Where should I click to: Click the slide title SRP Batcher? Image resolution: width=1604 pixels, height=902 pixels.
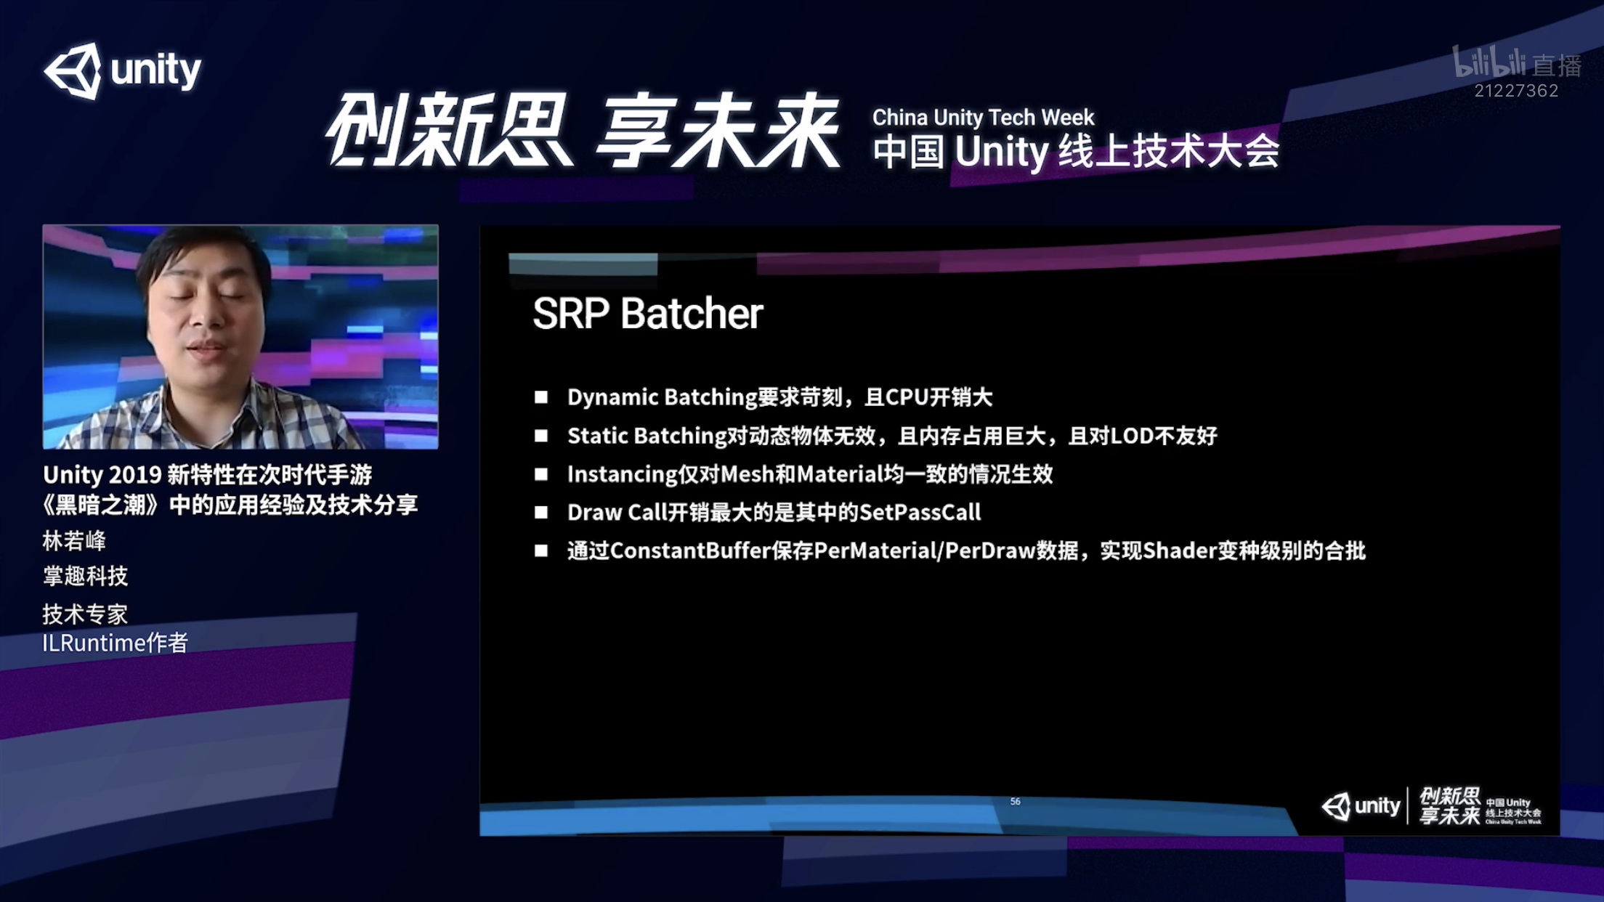click(647, 314)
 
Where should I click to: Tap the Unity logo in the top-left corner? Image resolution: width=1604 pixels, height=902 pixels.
click(122, 70)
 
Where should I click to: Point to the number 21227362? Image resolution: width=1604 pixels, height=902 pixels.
click(1516, 91)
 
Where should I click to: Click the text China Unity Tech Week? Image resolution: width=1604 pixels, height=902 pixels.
click(983, 117)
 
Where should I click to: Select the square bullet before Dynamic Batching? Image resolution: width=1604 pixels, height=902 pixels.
click(541, 397)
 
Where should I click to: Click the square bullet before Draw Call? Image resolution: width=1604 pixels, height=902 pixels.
click(541, 513)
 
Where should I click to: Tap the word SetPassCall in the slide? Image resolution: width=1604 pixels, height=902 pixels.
click(920, 513)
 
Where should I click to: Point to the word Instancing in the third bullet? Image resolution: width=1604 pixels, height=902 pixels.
click(622, 475)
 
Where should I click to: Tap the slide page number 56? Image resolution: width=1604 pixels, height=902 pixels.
click(1015, 802)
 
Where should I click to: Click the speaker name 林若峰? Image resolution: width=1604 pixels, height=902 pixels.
click(74, 541)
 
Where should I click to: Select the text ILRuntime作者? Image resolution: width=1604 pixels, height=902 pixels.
click(115, 643)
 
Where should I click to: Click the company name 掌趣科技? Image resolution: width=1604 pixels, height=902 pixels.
click(85, 577)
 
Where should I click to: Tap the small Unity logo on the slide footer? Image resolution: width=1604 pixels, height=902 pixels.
click(1361, 806)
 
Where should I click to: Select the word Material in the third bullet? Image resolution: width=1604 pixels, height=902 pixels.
click(840, 474)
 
